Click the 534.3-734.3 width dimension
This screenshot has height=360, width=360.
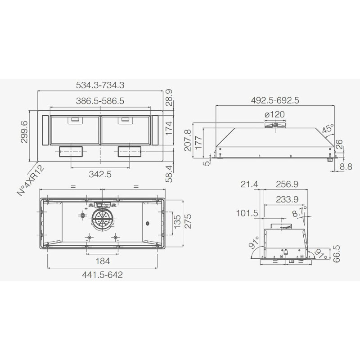[x=100, y=85]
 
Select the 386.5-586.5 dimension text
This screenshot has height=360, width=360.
[x=100, y=101]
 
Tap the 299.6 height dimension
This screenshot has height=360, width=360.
[x=24, y=132]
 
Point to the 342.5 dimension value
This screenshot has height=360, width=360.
[x=100, y=174]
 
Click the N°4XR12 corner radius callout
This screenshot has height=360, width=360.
[x=31, y=181]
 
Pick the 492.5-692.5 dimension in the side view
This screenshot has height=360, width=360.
[x=275, y=100]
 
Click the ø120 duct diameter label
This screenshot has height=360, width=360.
[x=274, y=114]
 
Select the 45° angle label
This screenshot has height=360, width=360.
[x=328, y=129]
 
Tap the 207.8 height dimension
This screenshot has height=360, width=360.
[x=188, y=140]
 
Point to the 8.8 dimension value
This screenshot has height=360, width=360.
[x=346, y=166]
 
